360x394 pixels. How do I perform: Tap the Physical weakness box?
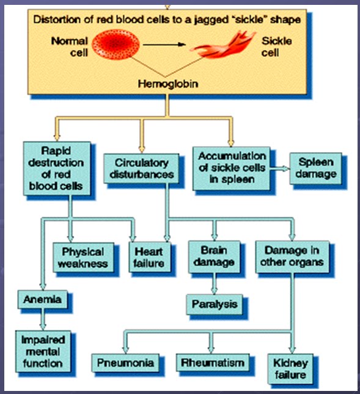pos(83,257)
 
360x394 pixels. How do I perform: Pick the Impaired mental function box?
pos(43,351)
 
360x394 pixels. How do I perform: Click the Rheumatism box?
pos(212,363)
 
